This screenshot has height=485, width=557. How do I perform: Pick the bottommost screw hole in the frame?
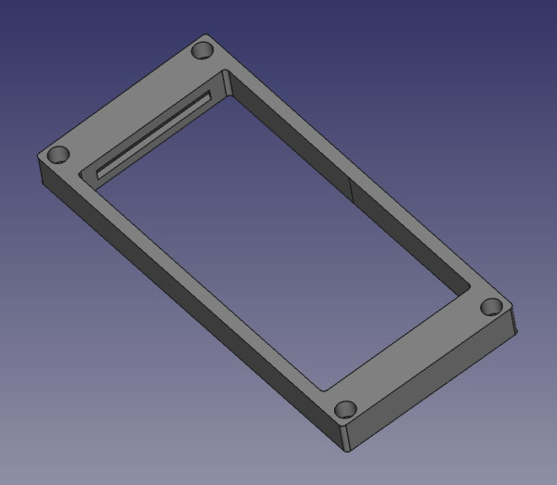tap(345, 408)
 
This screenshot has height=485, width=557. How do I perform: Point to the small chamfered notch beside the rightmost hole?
tap(513, 320)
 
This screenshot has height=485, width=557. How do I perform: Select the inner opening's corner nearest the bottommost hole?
tap(323, 389)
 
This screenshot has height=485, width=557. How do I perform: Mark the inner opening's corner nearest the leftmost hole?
tap(82, 172)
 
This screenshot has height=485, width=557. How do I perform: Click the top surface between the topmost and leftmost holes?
tap(130, 102)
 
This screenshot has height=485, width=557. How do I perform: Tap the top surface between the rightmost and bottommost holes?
tap(418, 357)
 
